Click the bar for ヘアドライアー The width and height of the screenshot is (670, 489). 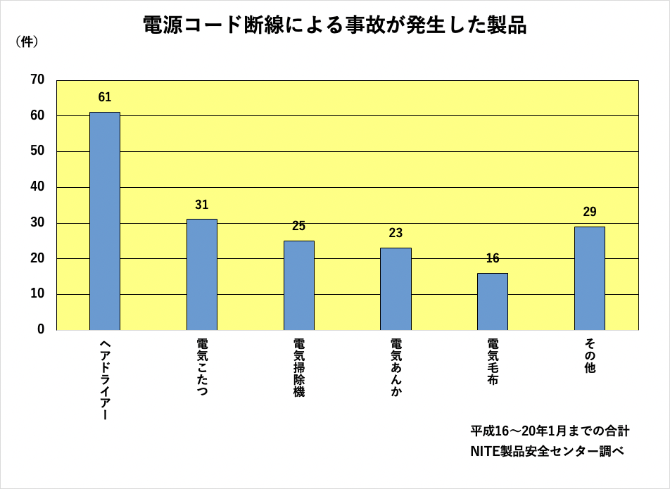[x=105, y=221]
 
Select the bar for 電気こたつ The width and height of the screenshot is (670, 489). [x=202, y=274]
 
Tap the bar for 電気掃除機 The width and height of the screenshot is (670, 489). [x=299, y=285]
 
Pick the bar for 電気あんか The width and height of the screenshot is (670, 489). [x=396, y=288]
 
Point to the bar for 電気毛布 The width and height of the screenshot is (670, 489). [x=493, y=301]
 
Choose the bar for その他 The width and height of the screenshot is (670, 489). [x=590, y=278]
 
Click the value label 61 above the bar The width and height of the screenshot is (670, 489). [x=105, y=97]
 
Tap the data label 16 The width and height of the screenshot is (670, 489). [x=493, y=258]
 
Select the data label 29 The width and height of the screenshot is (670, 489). [x=590, y=212]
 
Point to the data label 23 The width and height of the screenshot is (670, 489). [x=396, y=233]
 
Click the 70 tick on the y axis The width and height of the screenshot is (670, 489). [x=37, y=80]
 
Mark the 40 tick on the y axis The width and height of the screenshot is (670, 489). [x=37, y=187]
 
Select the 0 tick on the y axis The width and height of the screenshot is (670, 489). [x=41, y=329]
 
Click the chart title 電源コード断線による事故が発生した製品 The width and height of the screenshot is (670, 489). [x=334, y=25]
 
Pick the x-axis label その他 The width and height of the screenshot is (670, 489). [x=590, y=356]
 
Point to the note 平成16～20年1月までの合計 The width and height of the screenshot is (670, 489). [x=550, y=430]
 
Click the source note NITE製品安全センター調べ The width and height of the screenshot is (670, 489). [x=547, y=451]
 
